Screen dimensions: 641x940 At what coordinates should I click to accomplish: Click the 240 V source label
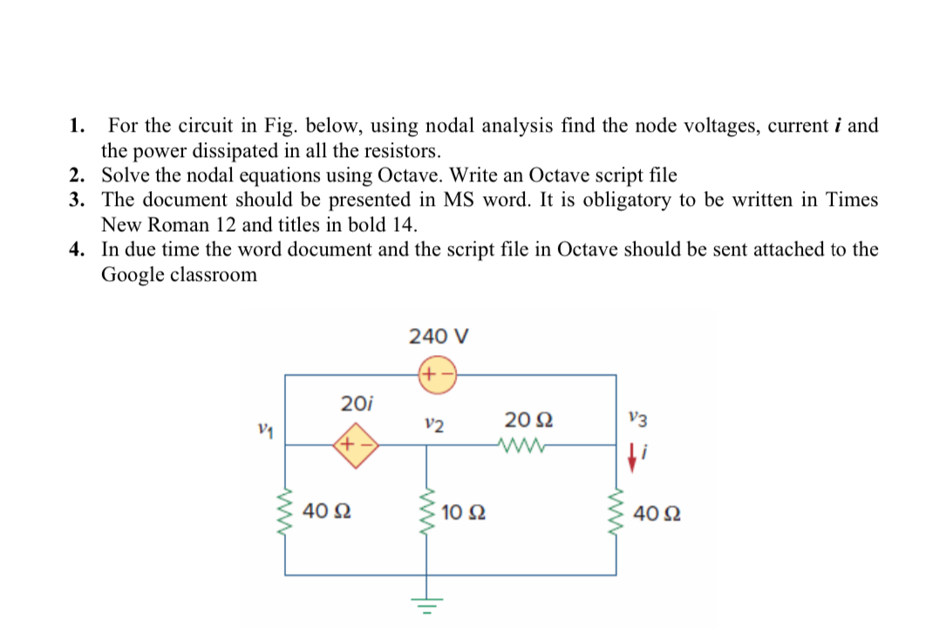click(x=439, y=336)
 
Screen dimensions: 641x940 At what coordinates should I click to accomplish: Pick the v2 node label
click(x=433, y=426)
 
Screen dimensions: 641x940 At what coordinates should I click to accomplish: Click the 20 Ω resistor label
click(x=524, y=419)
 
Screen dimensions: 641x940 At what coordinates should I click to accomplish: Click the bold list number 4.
click(x=78, y=249)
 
